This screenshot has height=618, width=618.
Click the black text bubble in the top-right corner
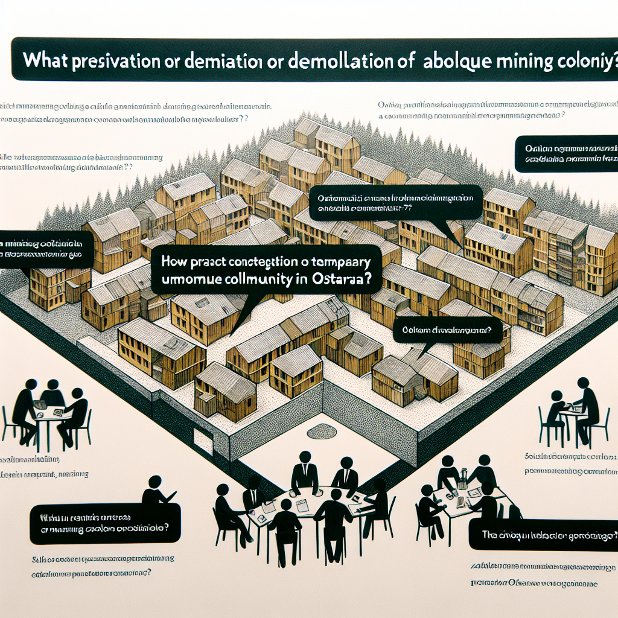coord(566,154)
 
